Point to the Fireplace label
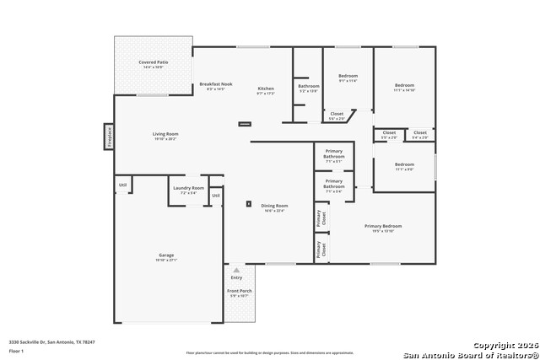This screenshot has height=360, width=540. tap(109, 136)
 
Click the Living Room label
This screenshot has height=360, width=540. tap(165, 136)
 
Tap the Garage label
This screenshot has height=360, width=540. tap(166, 257)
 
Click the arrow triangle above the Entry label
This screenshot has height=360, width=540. tap(236, 271)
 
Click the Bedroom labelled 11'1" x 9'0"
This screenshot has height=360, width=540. tap(404, 166)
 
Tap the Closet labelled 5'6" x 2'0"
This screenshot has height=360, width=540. tap(336, 116)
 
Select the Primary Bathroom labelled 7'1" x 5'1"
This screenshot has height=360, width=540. tap(333, 155)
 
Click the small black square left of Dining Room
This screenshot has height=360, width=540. tap(248, 203)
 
